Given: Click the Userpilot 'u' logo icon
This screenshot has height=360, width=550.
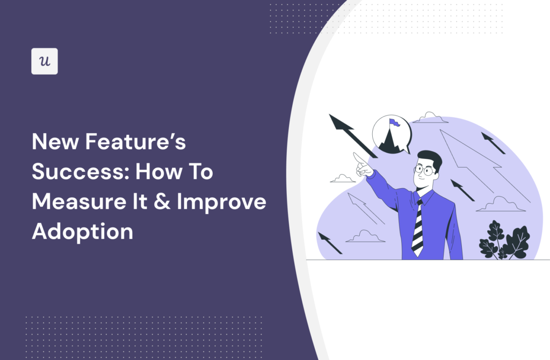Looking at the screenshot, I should tap(45, 61).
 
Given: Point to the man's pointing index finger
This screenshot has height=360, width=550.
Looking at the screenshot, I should tap(356, 156).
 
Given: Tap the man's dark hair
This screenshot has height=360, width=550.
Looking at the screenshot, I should tap(431, 159).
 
